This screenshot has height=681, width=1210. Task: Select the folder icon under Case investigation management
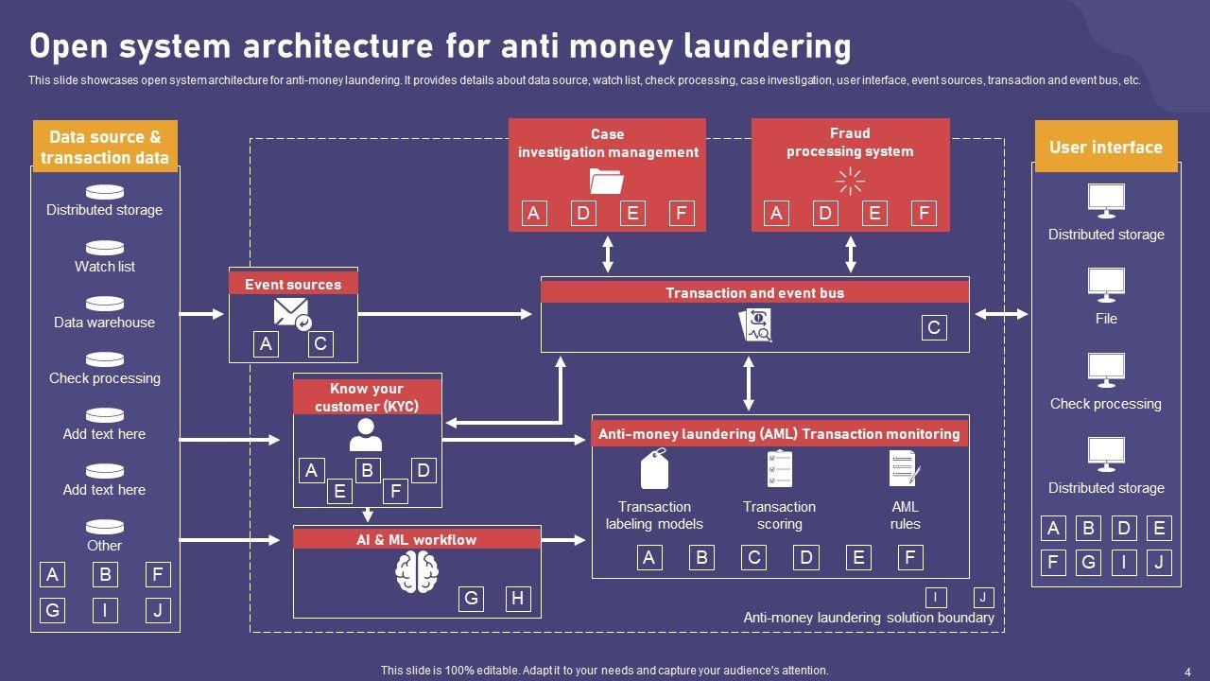click(x=607, y=181)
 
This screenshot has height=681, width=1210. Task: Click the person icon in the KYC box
click(x=366, y=435)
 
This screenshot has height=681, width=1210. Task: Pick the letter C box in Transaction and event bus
click(x=934, y=327)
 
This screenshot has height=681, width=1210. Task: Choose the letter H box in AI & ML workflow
click(x=517, y=598)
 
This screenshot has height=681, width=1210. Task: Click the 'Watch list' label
click(x=105, y=267)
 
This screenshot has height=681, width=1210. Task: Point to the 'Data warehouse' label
click(x=104, y=323)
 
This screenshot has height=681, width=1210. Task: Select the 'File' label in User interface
click(x=1106, y=319)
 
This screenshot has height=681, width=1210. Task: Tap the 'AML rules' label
click(x=905, y=515)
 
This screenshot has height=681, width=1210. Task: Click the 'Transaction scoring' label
click(x=779, y=515)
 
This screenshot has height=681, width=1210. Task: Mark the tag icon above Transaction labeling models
click(x=654, y=469)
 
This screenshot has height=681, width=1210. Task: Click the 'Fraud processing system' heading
click(x=850, y=142)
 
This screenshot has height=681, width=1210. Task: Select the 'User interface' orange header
click(x=1105, y=147)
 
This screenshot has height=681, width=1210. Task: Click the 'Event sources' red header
click(x=293, y=284)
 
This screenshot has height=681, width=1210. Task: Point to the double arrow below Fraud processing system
click(x=851, y=254)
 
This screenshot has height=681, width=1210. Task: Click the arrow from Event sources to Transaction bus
click(x=444, y=313)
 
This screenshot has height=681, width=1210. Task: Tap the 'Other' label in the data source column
click(x=104, y=546)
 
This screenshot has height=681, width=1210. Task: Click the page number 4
click(x=1187, y=671)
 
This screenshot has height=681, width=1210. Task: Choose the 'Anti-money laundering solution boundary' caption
click(x=868, y=618)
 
